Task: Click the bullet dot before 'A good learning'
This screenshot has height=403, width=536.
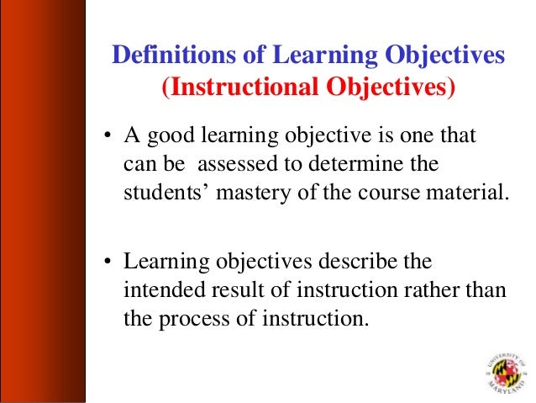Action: pos(108,137)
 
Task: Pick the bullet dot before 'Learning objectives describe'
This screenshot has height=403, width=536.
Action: pos(108,262)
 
